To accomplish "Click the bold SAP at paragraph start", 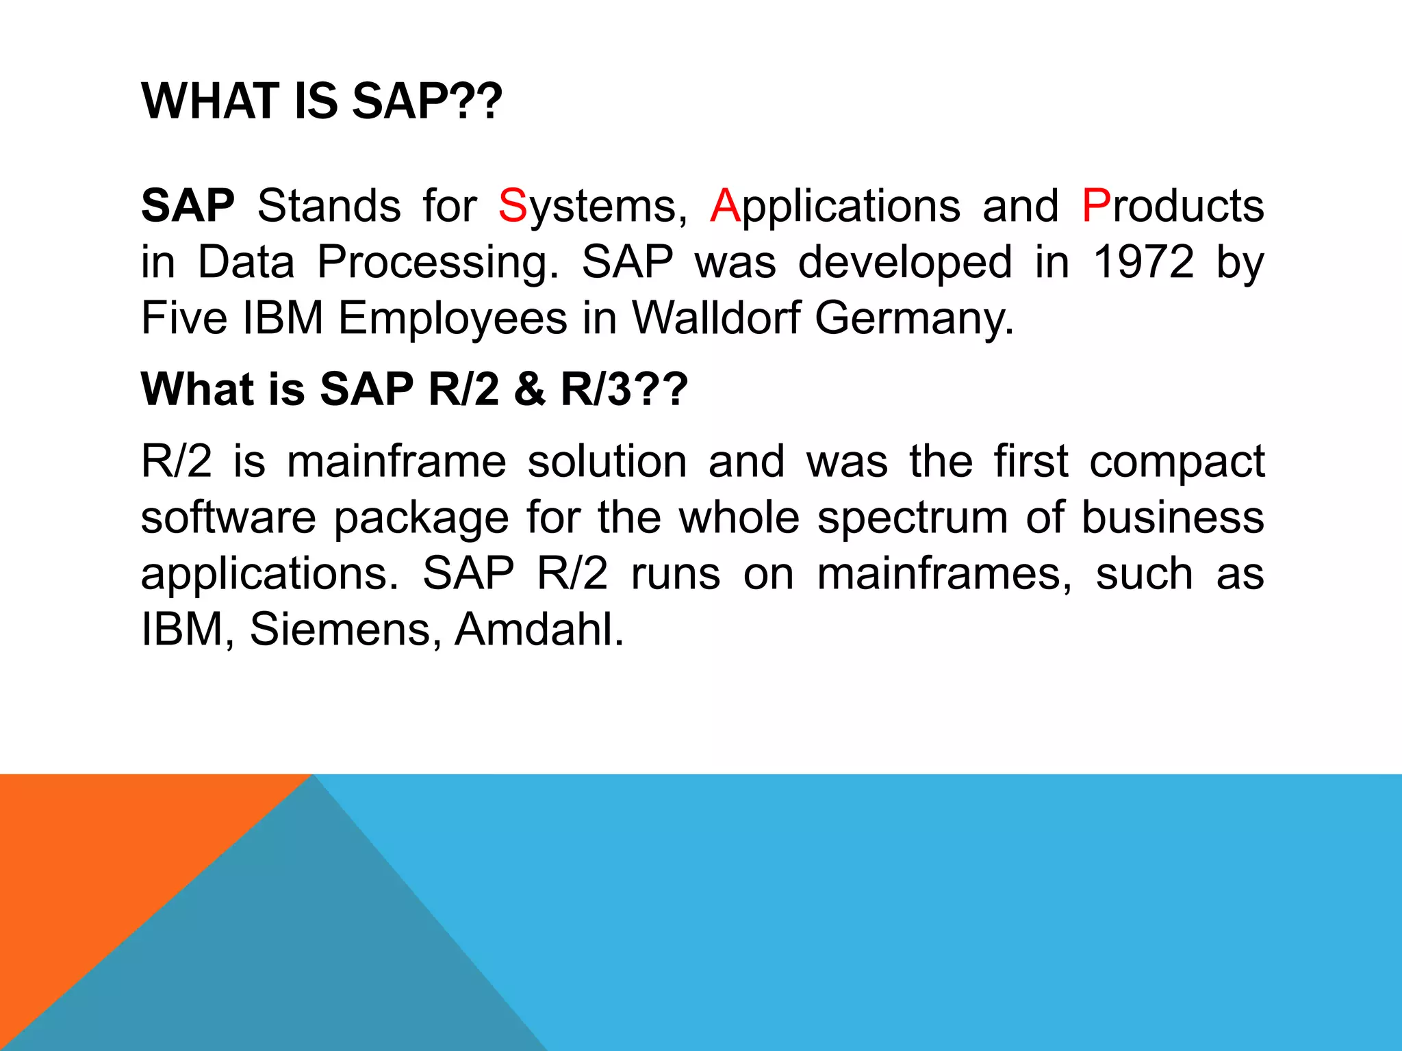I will coord(188,205).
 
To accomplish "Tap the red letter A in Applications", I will coord(725,205).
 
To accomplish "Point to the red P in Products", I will coord(1096,205).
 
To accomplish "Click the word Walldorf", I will coord(715,318).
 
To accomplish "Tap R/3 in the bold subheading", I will coord(596,389).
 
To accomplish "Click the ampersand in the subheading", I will coord(529,389).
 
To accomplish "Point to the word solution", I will coord(607,461).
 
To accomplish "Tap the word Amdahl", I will coord(539,629).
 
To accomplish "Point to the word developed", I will coord(904,263).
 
